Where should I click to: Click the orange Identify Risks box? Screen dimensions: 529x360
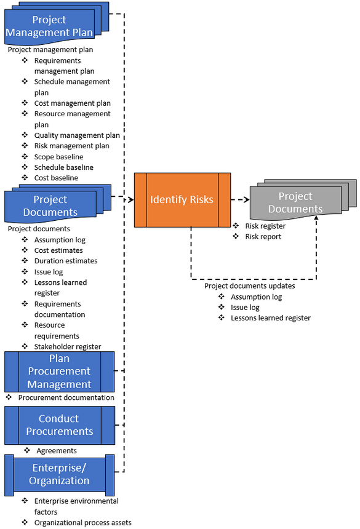pyautogui.click(x=182, y=200)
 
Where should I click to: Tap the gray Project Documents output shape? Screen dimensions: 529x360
pyautogui.click(x=295, y=202)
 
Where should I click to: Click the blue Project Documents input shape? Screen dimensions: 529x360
pyautogui.click(x=50, y=206)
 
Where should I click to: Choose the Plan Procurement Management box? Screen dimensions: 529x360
pyautogui.click(x=59, y=372)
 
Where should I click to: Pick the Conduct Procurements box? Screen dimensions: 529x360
pyautogui.click(x=59, y=425)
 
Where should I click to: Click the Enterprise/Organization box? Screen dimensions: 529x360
pyautogui.click(x=59, y=474)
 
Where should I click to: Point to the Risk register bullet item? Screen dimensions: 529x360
pyautogui.click(x=265, y=226)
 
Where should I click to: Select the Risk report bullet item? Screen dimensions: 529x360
pyautogui.click(x=263, y=236)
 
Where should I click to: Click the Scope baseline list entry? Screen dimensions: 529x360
pyautogui.click(x=59, y=157)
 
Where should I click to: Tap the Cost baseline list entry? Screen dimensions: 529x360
pyautogui.click(x=56, y=178)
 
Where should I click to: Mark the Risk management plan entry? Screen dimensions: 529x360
pyautogui.click(x=71, y=146)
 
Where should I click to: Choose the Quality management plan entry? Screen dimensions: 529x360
pyautogui.click(x=77, y=135)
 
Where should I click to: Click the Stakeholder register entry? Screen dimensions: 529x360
pyautogui.click(x=68, y=346)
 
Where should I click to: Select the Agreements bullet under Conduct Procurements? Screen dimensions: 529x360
pyautogui.click(x=57, y=451)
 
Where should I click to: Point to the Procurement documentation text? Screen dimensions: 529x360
pyautogui.click(x=66, y=397)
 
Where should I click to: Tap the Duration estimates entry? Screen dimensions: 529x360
pyautogui.click(x=66, y=261)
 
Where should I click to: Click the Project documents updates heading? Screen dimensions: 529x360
pyautogui.click(x=249, y=285)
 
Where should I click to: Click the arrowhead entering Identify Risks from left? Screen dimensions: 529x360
pyautogui.click(x=131, y=200)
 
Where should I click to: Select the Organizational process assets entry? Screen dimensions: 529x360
pyautogui.click(x=82, y=522)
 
